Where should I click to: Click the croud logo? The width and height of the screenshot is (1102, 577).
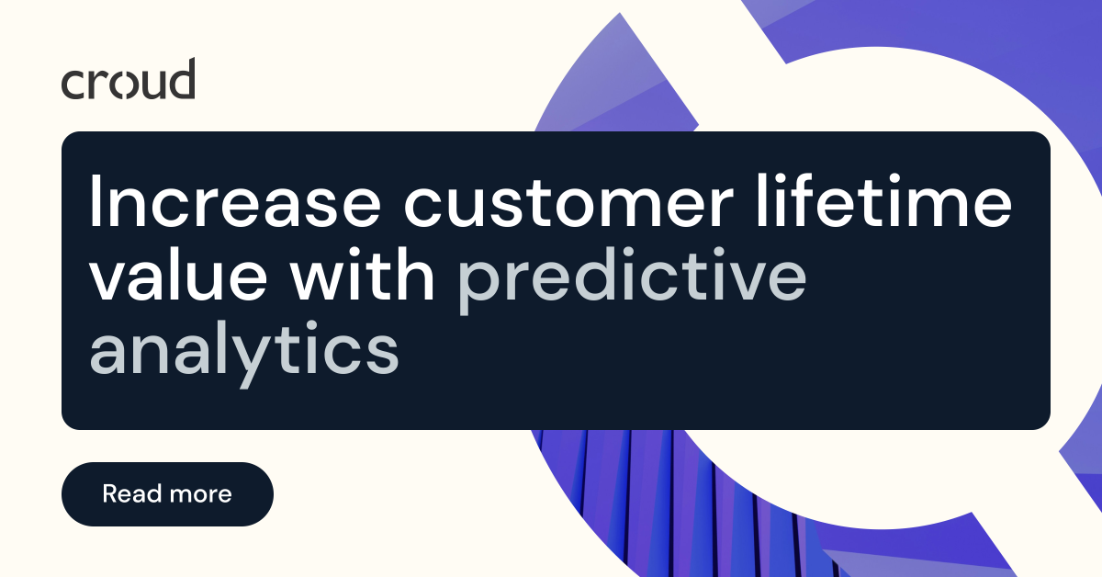coord(128,80)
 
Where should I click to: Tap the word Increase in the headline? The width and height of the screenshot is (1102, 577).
coord(242,203)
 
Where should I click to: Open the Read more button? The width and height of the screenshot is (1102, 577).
coord(167,494)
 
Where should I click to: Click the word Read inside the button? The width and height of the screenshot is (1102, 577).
coord(129,494)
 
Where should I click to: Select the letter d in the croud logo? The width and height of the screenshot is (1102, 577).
coord(182,78)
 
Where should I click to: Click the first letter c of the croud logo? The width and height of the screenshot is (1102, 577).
coord(73,84)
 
